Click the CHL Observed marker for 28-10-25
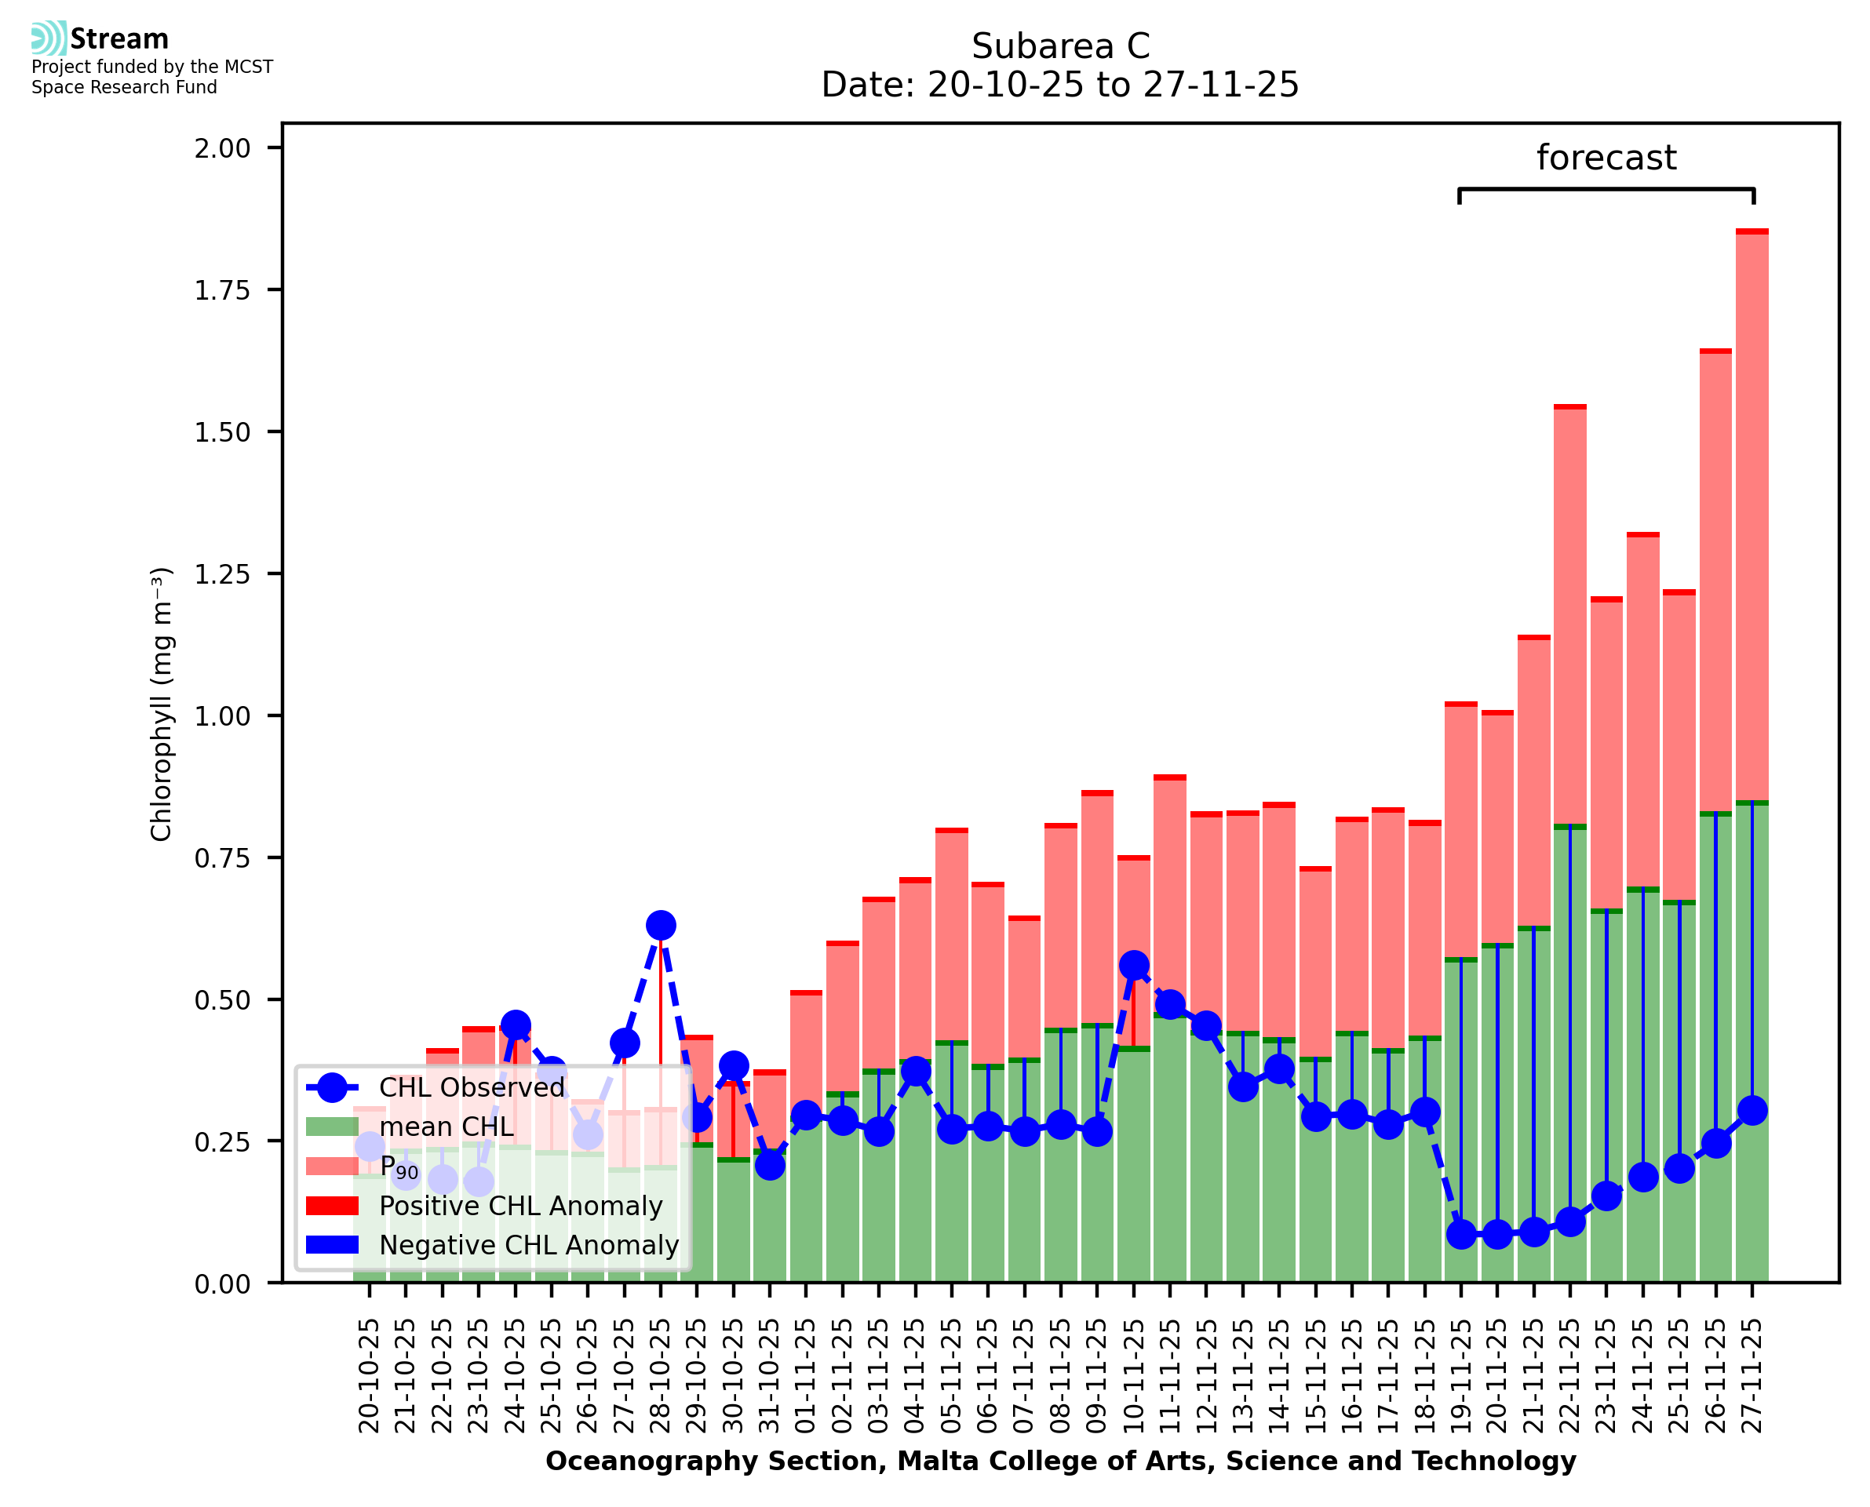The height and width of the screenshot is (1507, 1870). point(661,926)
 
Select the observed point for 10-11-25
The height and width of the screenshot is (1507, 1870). point(1134,966)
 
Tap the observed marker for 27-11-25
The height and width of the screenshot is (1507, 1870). point(1752,1110)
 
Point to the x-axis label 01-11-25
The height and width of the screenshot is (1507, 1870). point(806,1376)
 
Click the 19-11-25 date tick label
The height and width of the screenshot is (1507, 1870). point(1461,1376)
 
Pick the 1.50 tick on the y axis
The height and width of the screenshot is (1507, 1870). point(222,432)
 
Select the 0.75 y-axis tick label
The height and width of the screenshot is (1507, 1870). point(222,858)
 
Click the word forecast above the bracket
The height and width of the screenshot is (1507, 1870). point(1606,158)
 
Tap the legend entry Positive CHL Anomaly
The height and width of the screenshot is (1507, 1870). point(521,1206)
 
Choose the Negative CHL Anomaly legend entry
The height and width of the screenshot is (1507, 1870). point(529,1245)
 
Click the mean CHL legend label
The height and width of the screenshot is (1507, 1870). point(447,1127)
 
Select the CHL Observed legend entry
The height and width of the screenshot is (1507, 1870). point(472,1087)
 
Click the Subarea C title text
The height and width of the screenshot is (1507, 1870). point(1060,46)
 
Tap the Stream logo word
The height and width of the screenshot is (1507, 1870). point(120,39)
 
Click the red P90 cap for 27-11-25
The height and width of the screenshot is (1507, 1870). point(1752,231)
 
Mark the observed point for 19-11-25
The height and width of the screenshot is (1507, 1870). point(1461,1233)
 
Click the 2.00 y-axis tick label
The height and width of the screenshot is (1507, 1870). point(222,148)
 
